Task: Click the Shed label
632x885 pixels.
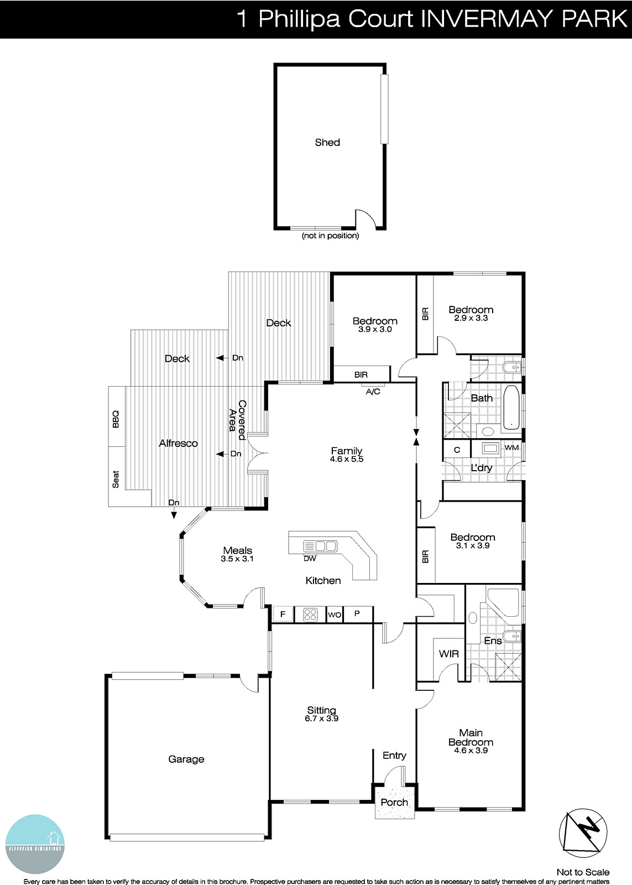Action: coord(327,143)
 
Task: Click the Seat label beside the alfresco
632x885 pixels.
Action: coord(116,479)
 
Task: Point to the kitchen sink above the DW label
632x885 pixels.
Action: coord(320,546)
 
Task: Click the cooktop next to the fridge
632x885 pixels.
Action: coord(310,615)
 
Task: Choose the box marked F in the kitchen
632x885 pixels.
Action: coord(283,615)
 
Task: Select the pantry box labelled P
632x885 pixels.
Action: coord(357,614)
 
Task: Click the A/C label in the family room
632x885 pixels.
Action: coord(373,392)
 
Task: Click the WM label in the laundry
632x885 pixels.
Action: coord(512,447)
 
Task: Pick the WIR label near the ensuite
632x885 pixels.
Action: coord(448,654)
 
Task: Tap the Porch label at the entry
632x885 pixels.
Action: coord(394,803)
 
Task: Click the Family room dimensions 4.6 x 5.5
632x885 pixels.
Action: coord(347,460)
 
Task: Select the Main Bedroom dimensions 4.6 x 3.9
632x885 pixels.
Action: coord(471,751)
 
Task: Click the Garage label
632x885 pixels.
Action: coord(186,759)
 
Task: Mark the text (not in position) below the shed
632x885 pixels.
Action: coord(330,236)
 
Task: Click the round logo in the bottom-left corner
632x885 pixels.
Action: coord(35,844)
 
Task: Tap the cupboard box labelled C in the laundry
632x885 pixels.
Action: coord(457,450)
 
